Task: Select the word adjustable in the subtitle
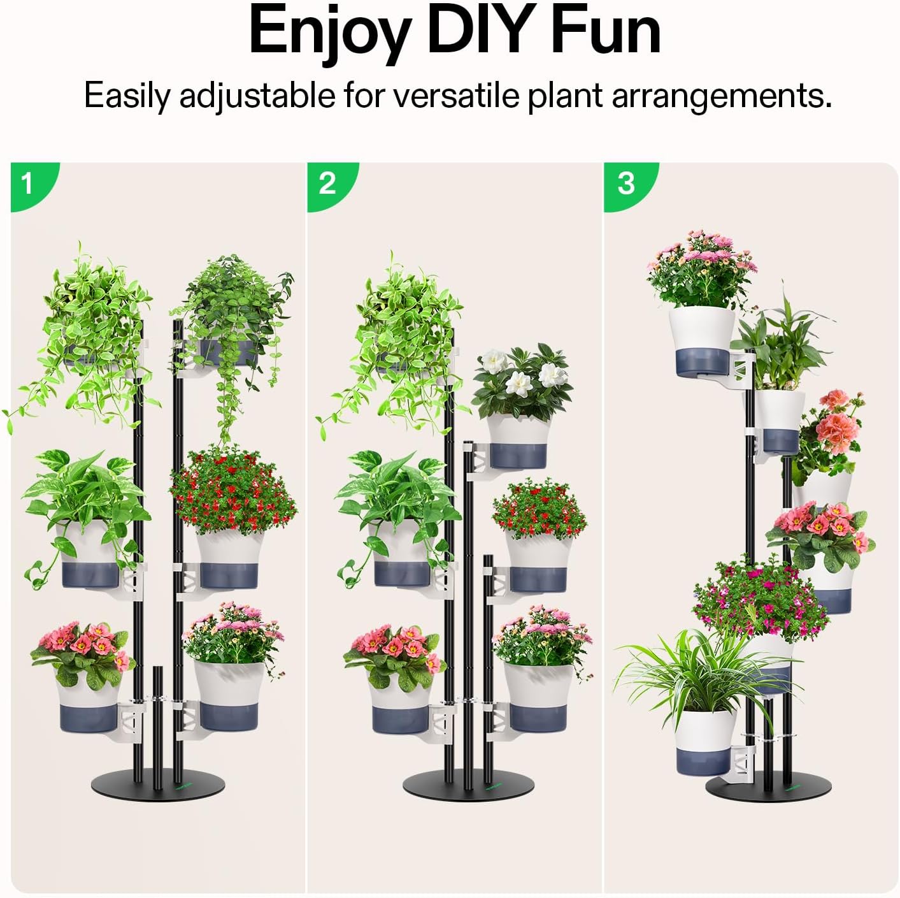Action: [x=257, y=96]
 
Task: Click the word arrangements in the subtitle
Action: [x=721, y=96]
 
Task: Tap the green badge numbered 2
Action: [x=327, y=184]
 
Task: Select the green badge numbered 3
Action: [x=626, y=184]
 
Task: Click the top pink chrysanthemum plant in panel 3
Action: [x=701, y=268]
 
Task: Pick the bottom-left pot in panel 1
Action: [x=89, y=707]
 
